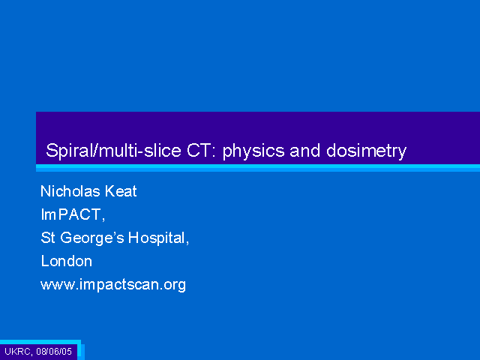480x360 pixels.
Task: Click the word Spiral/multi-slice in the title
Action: [x=113, y=150]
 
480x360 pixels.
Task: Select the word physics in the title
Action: [x=253, y=151]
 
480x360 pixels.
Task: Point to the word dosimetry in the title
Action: [x=366, y=151]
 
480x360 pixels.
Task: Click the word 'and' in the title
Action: [x=305, y=150]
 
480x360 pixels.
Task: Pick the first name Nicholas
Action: [x=70, y=191]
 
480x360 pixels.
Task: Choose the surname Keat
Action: [x=121, y=191]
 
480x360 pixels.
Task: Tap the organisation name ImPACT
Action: [x=70, y=214]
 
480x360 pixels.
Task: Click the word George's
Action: [x=92, y=238]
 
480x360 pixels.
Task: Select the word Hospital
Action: [x=157, y=238]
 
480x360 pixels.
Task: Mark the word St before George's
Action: [x=48, y=238]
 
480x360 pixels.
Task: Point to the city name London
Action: [x=67, y=261]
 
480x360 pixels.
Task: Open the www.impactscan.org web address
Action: [x=113, y=285]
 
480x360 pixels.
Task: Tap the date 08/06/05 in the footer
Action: [x=54, y=351]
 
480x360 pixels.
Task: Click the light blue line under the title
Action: [x=258, y=168]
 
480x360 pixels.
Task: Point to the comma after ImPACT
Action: [x=103, y=218]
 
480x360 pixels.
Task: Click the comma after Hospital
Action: [x=187, y=241]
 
